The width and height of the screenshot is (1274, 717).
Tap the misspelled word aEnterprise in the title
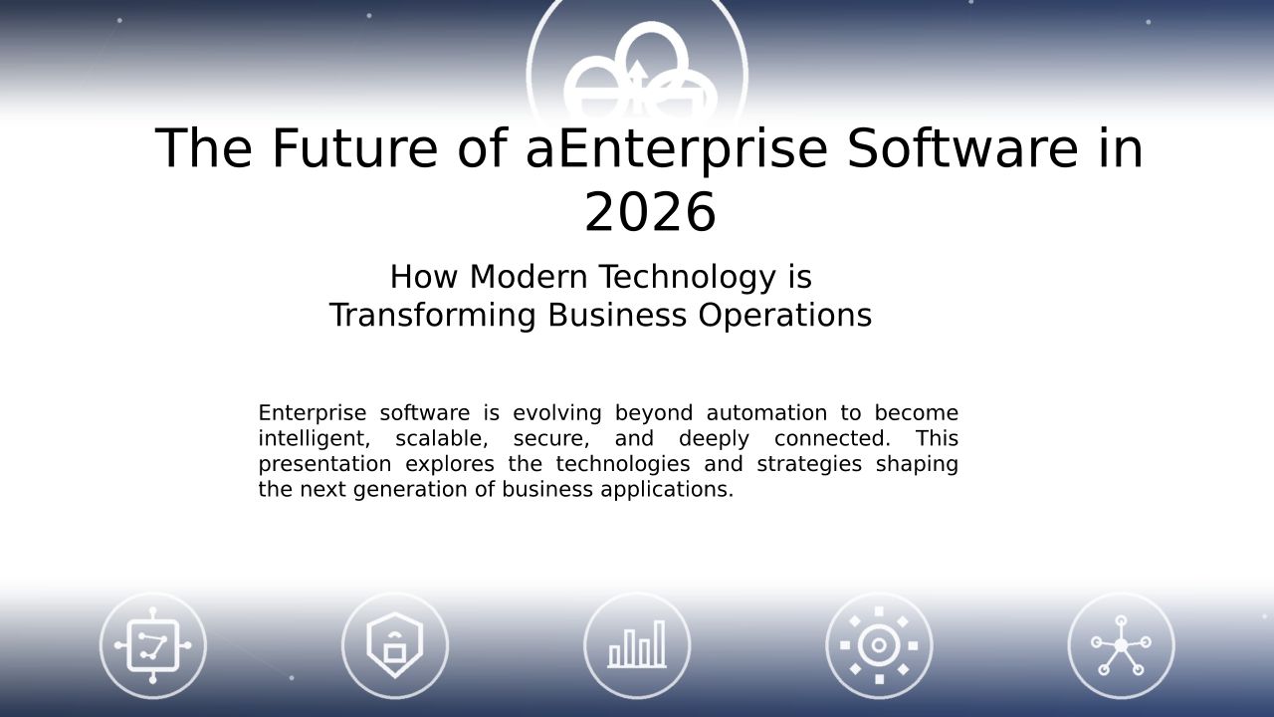pyautogui.click(x=676, y=149)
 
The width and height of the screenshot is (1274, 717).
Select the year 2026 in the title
pyautogui.click(x=650, y=212)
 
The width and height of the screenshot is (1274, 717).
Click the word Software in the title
pyautogui.click(x=962, y=148)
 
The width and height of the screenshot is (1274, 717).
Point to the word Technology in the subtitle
pyautogui.click(x=688, y=278)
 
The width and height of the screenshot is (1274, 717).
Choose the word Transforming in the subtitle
pyautogui.click(x=433, y=317)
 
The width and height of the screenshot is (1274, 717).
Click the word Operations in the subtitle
pyautogui.click(x=785, y=317)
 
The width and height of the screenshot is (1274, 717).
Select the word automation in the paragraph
pyautogui.click(x=766, y=412)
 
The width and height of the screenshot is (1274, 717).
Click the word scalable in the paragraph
pyautogui.click(x=441, y=439)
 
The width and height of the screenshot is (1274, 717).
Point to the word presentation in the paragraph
pyautogui.click(x=324, y=465)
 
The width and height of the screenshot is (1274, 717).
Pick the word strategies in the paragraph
pyautogui.click(x=809, y=465)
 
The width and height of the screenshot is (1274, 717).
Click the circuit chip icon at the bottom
pyautogui.click(x=153, y=646)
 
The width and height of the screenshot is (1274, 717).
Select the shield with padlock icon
pyautogui.click(x=395, y=645)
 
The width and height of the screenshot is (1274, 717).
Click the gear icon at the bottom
pyautogui.click(x=879, y=645)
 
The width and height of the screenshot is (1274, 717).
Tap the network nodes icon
pyautogui.click(x=1121, y=645)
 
